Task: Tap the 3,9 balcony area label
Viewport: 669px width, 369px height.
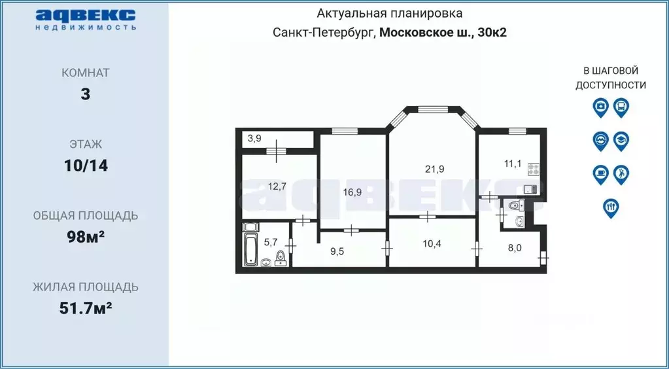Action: click(254, 138)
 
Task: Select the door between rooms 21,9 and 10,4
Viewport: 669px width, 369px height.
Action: click(428, 216)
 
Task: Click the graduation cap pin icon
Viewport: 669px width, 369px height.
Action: click(621, 140)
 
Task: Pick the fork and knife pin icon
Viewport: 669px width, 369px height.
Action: click(610, 207)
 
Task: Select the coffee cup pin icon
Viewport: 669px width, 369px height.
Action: click(600, 173)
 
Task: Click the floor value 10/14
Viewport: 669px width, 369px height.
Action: click(86, 166)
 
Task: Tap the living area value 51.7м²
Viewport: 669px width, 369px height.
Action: click(86, 307)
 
